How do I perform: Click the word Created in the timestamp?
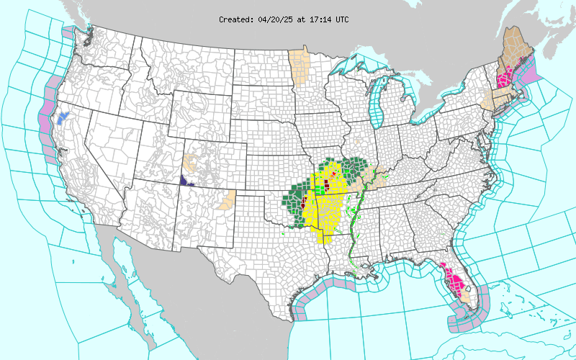tap(235, 19)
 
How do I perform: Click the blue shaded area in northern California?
tap(64, 116)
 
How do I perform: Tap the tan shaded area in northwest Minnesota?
tap(298, 65)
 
